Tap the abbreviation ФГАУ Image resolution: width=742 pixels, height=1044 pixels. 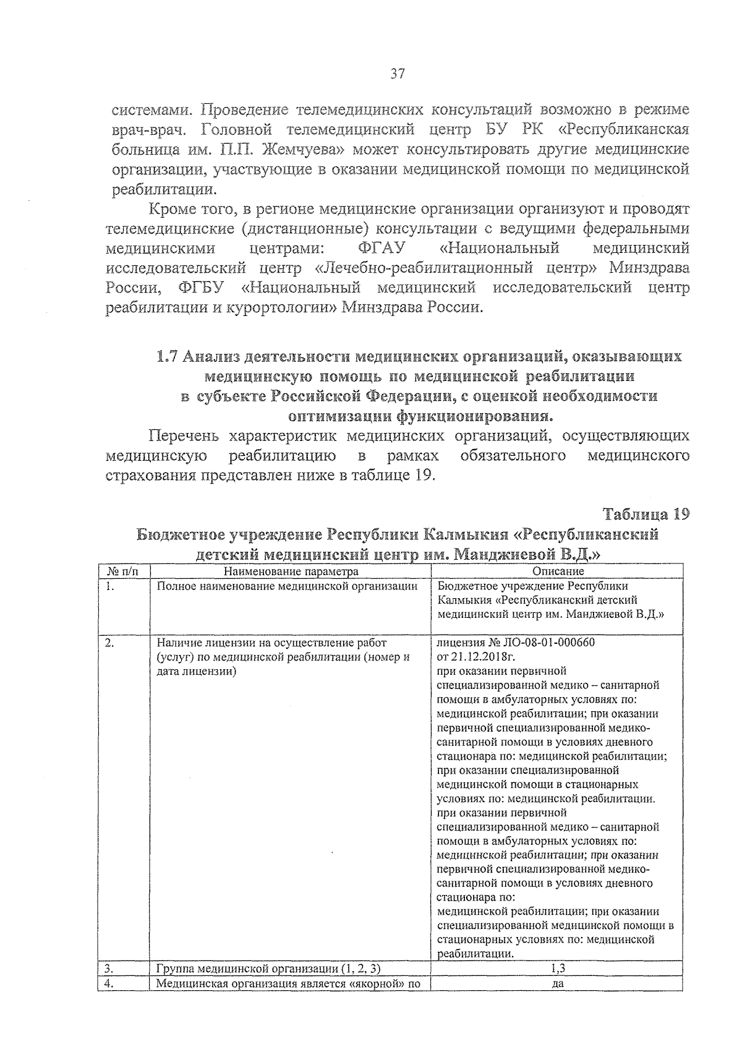tap(381, 249)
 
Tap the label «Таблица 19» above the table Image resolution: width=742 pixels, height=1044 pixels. tap(646, 515)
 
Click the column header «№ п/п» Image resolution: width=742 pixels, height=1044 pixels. tap(123, 571)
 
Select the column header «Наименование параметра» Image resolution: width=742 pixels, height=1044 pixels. tap(291, 571)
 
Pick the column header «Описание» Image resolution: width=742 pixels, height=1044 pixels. tap(558, 571)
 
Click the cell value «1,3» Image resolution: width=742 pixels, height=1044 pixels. tap(558, 967)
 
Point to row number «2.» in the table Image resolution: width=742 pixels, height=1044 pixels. tap(109, 643)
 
